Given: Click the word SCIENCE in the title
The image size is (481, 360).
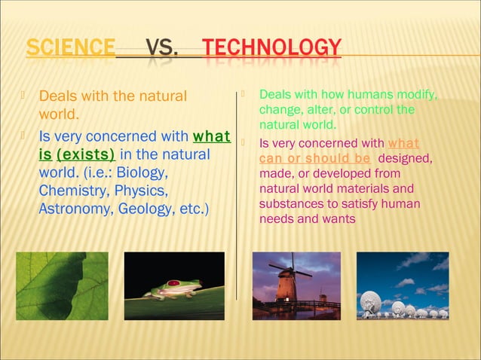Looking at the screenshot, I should [71, 48].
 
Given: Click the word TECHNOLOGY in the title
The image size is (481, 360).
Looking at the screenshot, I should [272, 48].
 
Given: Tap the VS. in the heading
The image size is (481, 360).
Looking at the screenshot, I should [161, 49].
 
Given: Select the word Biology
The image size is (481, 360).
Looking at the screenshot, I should [142, 172].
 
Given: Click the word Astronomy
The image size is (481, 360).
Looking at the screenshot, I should [74, 209].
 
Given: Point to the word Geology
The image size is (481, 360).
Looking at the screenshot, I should [143, 209].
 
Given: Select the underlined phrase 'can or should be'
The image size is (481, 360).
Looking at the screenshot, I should [314, 158].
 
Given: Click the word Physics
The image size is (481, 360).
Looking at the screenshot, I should [142, 191].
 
